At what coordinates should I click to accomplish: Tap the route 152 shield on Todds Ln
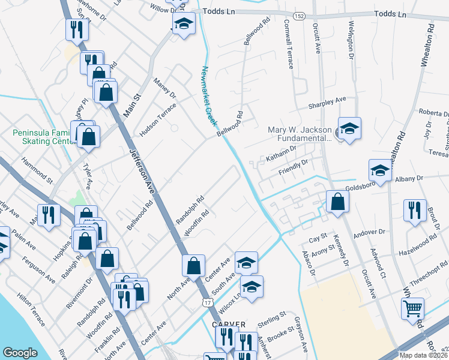[298, 13]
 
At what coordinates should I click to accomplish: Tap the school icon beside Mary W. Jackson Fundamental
[349, 128]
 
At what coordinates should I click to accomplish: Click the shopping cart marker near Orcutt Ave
[412, 309]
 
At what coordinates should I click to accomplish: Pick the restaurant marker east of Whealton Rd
[415, 211]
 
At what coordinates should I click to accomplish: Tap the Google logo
[20, 352]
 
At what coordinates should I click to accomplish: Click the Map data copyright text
[423, 355]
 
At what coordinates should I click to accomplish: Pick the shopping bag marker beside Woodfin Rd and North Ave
[194, 265]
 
